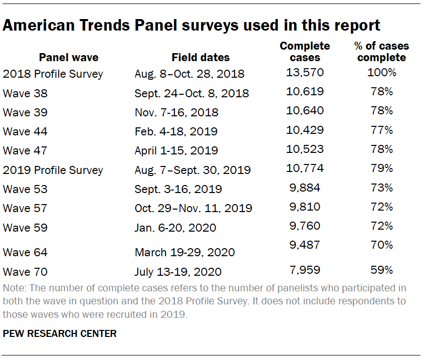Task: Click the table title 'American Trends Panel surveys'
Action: pyautogui.click(x=191, y=25)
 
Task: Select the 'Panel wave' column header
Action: pyautogui.click(x=69, y=57)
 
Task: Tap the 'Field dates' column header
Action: pyautogui.click(x=200, y=57)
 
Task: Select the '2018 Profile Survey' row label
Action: pyautogui.click(x=53, y=74)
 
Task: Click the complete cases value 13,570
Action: pyautogui.click(x=305, y=73)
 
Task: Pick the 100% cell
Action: pyautogui.click(x=381, y=73)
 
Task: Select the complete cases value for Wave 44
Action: pyautogui.click(x=305, y=130)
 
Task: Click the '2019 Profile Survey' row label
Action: pyautogui.click(x=53, y=170)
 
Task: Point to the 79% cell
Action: pyautogui.click(x=381, y=168)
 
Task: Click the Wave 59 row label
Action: pyautogui.click(x=25, y=228)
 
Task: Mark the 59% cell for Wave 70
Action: pyautogui.click(x=381, y=270)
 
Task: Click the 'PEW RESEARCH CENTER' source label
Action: pyautogui.click(x=60, y=333)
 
